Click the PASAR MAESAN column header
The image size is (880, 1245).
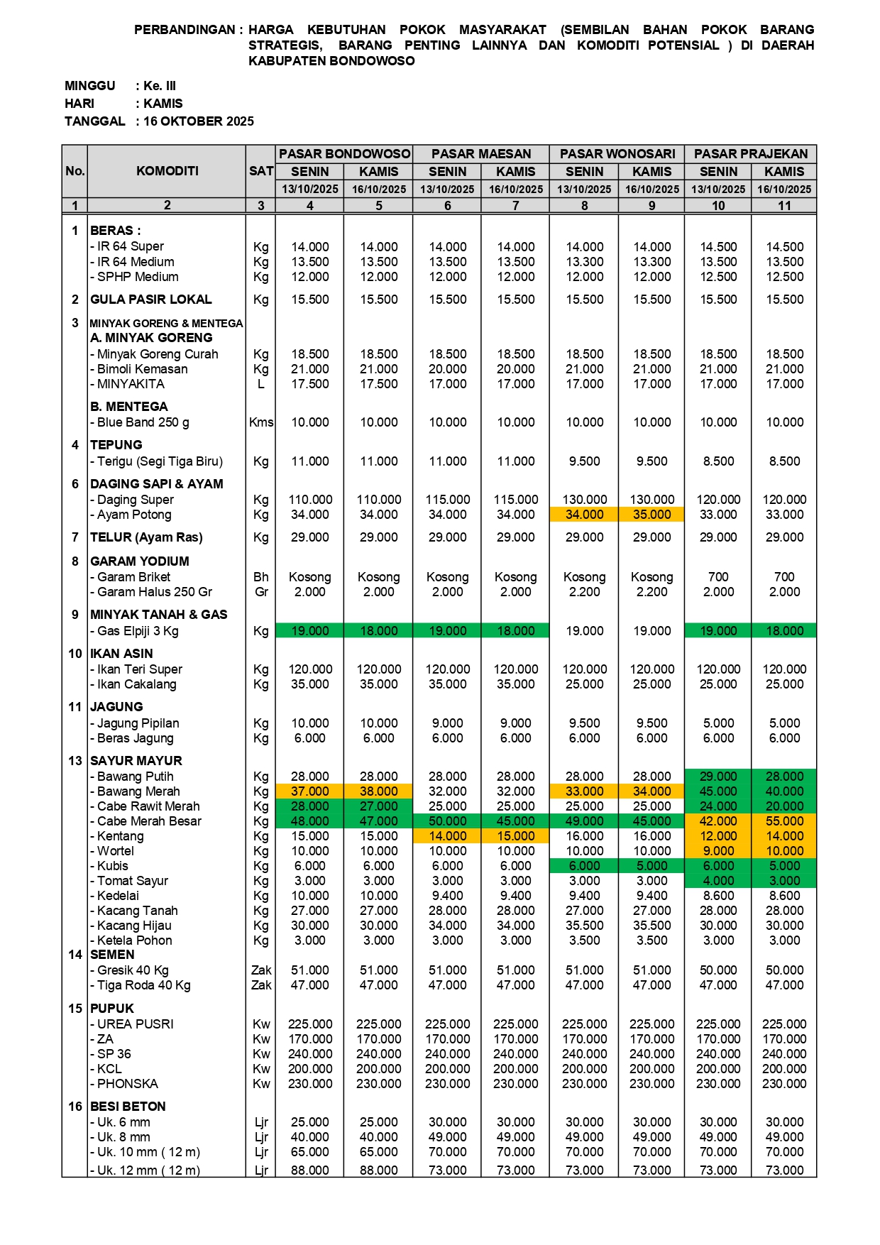click(x=481, y=154)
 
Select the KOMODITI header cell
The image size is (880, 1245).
click(x=167, y=171)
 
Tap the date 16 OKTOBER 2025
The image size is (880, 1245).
click(x=199, y=121)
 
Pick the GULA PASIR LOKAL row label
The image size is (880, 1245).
click(x=151, y=300)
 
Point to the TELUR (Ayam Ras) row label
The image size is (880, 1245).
click(x=146, y=537)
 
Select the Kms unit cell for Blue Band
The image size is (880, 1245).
click(x=261, y=422)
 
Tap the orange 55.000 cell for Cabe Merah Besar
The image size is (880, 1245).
click(x=784, y=821)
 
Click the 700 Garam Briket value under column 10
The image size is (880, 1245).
click(x=718, y=577)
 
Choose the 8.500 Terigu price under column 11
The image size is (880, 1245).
click(x=784, y=461)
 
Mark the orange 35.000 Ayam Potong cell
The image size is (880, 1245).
click(x=651, y=515)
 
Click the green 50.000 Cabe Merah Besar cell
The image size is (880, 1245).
click(x=447, y=821)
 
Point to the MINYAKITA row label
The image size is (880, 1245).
click(x=131, y=384)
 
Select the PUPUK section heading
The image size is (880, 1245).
click(x=112, y=1009)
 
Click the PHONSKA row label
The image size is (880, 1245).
click(x=128, y=1084)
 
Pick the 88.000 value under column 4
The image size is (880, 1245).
click(x=310, y=1170)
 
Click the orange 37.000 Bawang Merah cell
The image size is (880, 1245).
click(x=310, y=791)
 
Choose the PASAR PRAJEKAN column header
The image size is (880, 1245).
click(x=751, y=154)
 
